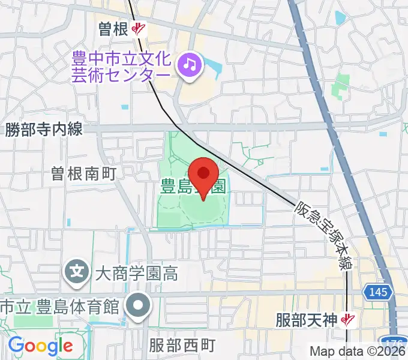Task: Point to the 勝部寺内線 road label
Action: (43, 128)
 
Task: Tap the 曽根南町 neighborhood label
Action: (83, 174)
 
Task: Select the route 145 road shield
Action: (379, 292)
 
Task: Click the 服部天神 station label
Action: (308, 320)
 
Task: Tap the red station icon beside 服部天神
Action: (346, 320)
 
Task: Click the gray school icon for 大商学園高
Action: (77, 273)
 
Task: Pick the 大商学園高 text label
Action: (136, 274)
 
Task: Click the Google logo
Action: (40, 346)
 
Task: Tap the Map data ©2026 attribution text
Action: (358, 352)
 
